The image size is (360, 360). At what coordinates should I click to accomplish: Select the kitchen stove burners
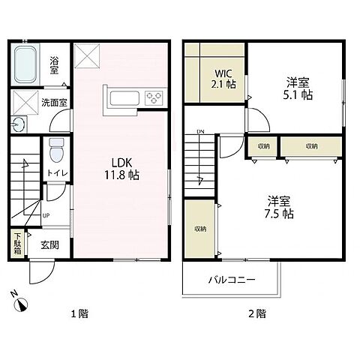point(154,97)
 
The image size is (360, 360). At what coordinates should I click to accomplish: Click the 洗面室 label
point(55,103)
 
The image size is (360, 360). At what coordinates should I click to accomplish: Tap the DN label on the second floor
point(200,133)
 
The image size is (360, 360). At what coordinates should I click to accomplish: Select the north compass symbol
point(21,304)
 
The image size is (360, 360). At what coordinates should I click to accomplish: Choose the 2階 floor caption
point(257,313)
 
